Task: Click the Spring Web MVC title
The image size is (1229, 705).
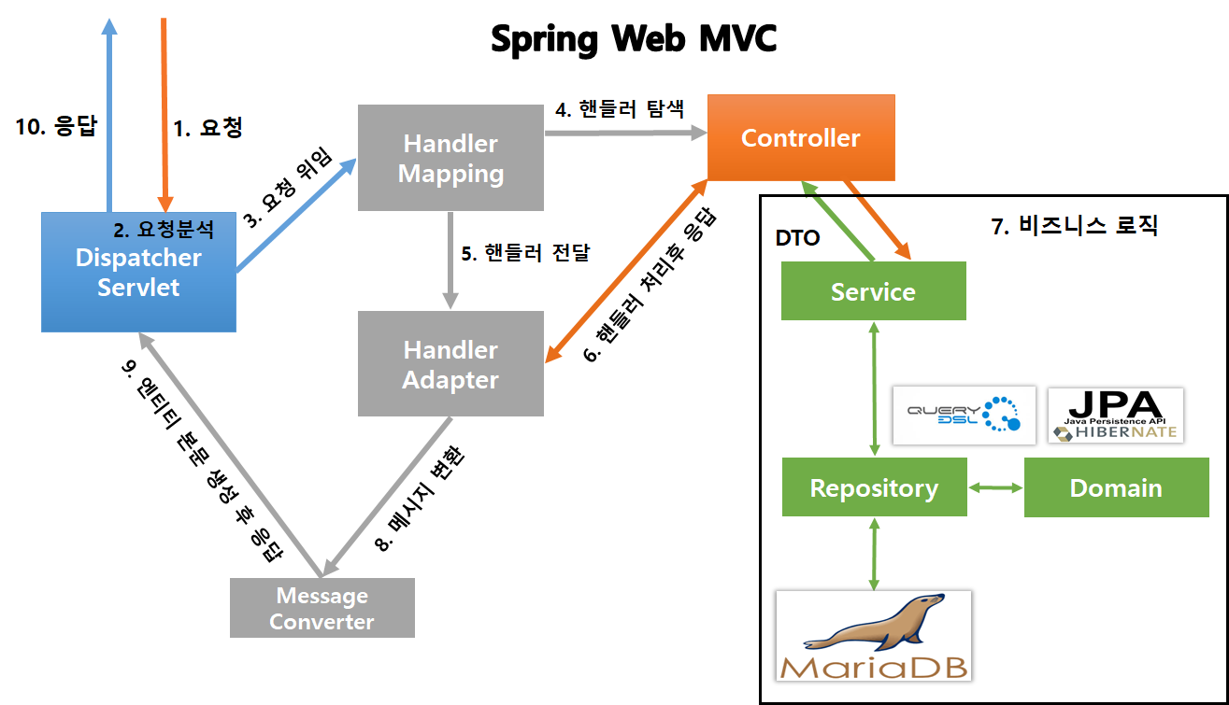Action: pos(634,39)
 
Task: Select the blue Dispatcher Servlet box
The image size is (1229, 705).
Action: pos(138,272)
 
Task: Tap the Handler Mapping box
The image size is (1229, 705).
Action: pos(450,158)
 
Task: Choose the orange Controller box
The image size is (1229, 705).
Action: pos(800,138)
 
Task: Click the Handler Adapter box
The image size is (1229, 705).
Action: pos(450,364)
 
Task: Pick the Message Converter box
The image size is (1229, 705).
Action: pos(322,608)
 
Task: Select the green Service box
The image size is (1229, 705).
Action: pos(873,291)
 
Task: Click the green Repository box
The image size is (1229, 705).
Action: pos(874,487)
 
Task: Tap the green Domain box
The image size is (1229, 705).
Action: pos(1116,487)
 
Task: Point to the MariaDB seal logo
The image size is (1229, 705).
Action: pos(874,635)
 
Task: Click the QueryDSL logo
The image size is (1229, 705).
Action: pos(964,415)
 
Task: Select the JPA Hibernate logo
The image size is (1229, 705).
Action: pos(1115,415)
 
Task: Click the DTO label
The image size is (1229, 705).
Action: pos(797,238)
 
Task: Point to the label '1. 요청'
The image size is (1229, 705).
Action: pos(208,128)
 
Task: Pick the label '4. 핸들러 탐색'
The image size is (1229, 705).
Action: pos(620,110)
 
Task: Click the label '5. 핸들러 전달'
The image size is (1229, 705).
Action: pos(525,252)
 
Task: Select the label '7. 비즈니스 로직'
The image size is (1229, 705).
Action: pos(1074,226)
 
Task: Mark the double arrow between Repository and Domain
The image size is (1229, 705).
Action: pos(995,487)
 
